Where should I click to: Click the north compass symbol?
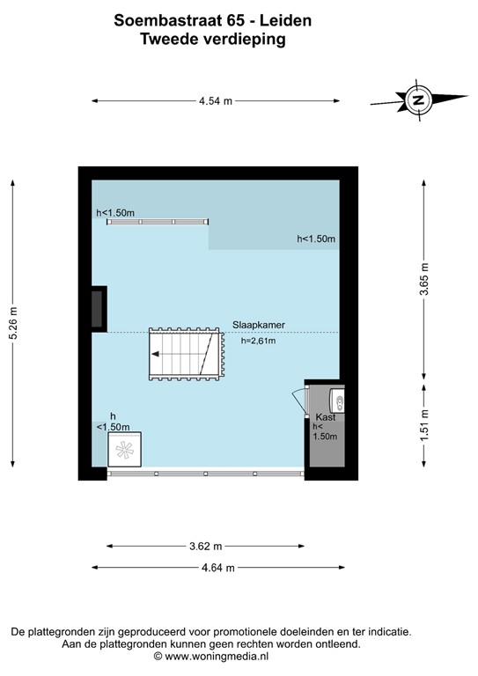[x=418, y=99]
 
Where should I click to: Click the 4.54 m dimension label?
[x=215, y=101]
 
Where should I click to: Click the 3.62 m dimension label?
[x=206, y=546]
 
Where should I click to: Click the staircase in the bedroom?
[x=182, y=354]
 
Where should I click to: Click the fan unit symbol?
[x=123, y=451]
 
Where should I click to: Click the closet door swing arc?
[x=297, y=402]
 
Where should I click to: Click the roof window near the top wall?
[x=158, y=222]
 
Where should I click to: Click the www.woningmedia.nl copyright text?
[x=211, y=656]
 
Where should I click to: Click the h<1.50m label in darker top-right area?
[x=316, y=239]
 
